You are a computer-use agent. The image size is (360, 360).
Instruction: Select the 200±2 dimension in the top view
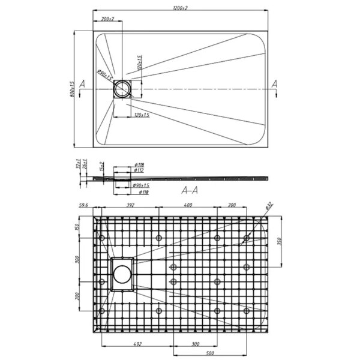(108, 20)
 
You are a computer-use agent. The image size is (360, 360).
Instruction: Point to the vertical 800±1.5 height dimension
(71, 89)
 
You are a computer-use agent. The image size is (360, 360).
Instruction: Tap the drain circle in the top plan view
(124, 89)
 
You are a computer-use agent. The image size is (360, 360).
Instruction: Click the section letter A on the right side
(275, 84)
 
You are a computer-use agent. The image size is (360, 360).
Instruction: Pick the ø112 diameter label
(139, 170)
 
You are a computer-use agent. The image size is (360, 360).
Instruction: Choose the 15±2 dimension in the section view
(103, 166)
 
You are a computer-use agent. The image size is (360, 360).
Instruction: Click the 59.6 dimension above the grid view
(84, 206)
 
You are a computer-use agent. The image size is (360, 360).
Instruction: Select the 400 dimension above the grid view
(188, 206)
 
